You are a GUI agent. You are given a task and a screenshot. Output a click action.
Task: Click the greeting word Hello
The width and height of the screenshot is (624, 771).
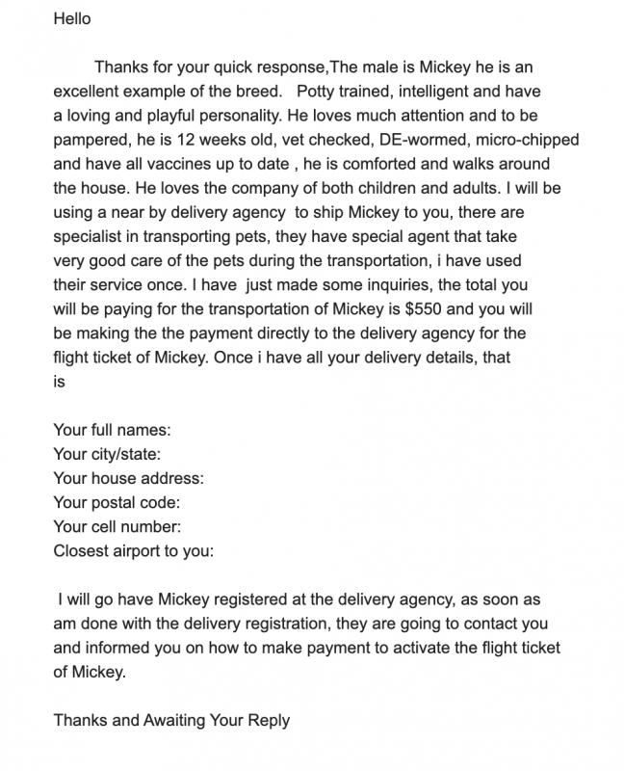pos(72,19)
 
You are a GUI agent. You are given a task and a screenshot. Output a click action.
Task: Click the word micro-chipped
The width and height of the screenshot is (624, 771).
pos(513,139)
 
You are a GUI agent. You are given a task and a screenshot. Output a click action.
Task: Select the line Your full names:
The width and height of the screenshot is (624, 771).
pos(112,430)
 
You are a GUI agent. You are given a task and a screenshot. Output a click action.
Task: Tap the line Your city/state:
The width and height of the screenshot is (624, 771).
pos(107,454)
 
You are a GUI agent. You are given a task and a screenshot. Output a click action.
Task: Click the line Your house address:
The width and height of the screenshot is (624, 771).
pos(128,478)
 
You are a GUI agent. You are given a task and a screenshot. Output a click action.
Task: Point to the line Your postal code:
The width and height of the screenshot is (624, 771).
pos(117,502)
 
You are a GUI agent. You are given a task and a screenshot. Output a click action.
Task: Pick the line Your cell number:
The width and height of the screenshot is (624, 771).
pos(117,526)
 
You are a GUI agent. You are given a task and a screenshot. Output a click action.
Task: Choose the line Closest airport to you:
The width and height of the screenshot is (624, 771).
pos(133,551)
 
